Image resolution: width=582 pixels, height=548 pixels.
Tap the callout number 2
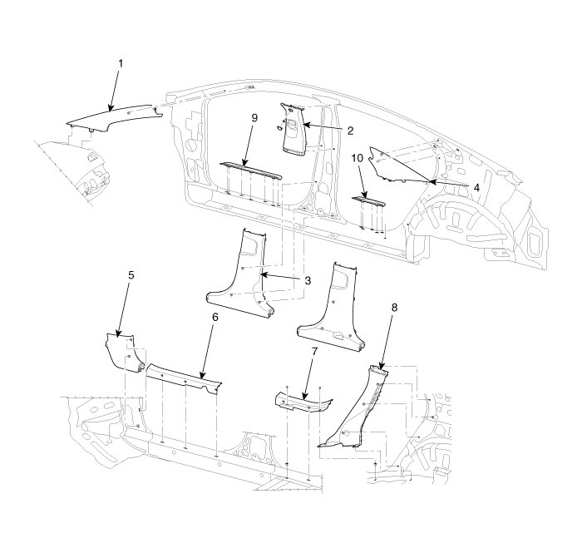pos(351,131)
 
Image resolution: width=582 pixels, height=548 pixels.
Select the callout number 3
pos(307,281)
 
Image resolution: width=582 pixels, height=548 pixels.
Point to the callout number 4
pos(476,188)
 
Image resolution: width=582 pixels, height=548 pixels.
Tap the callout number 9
pos(255,119)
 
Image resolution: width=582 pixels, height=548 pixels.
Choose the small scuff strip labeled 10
pos(368,200)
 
